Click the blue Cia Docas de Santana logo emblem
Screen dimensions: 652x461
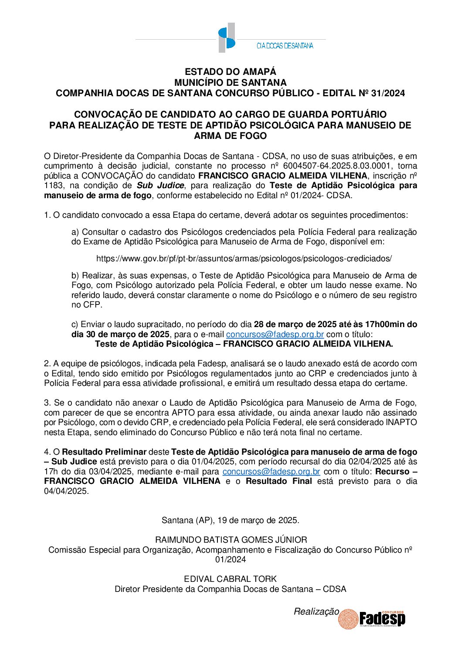coord(227,38)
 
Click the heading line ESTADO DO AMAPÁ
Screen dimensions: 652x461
coord(230,72)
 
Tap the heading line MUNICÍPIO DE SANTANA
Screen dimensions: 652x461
coord(230,82)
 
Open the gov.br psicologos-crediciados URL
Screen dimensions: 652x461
coord(244,258)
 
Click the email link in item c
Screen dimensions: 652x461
coord(275,334)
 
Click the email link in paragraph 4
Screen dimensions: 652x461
coord(271,471)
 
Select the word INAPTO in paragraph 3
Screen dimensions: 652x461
coord(401,422)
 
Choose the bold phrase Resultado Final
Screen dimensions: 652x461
coord(279,481)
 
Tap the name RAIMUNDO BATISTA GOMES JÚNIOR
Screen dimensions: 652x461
coord(231,540)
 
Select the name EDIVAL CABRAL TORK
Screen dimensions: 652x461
coord(230,579)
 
